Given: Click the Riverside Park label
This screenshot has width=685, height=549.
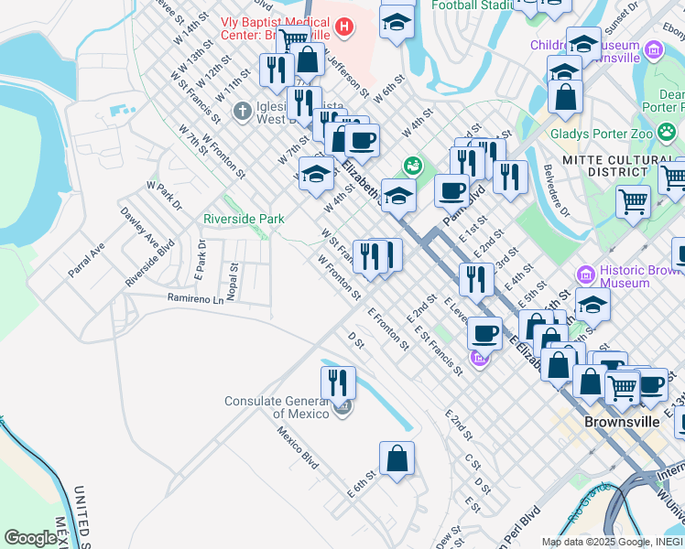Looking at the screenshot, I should (x=243, y=219).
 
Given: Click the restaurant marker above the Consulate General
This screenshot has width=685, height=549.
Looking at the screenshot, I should (x=338, y=382).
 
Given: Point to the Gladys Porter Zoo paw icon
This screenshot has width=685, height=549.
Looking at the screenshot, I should (x=670, y=132).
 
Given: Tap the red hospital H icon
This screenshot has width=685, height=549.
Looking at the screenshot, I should (x=344, y=27).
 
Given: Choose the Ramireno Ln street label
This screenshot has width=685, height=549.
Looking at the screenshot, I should (x=195, y=298).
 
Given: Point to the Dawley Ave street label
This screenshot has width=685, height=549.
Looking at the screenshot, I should (x=139, y=226).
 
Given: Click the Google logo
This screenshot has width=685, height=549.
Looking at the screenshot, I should (x=31, y=538).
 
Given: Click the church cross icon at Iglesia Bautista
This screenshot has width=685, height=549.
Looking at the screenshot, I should (x=242, y=112).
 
